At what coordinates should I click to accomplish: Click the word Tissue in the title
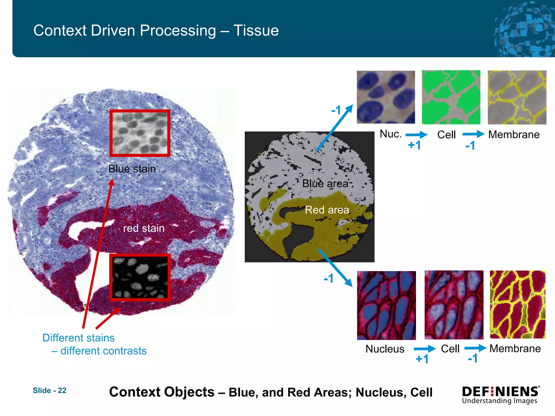pos(256,30)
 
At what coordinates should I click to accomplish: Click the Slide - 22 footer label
pos(49,390)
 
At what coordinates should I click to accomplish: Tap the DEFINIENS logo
pos(501,395)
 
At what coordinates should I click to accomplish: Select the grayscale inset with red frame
pos(140,133)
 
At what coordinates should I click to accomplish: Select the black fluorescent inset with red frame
pos(140,277)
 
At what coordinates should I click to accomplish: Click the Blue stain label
pos(132,169)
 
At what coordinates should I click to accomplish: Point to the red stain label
pos(144,228)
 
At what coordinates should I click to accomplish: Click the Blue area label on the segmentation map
pos(325,183)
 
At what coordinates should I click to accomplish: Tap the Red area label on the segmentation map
pos(327,210)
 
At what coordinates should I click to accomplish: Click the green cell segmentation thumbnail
pos(451,97)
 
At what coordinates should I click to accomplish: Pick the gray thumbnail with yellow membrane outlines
pos(517,97)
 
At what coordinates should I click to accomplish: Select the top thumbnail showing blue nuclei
pos(386,97)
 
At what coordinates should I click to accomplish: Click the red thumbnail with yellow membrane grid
pos(518,304)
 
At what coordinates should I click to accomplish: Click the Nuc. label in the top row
pos(390,134)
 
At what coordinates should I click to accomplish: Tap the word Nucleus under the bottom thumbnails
pos(385,349)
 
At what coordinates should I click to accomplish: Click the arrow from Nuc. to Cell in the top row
pos(416,134)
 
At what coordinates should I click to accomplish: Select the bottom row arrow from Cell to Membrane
pos(475,348)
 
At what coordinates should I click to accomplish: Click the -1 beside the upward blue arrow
pos(336,110)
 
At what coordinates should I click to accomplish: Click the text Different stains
pos(79,338)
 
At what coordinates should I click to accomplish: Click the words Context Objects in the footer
pos(162,392)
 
